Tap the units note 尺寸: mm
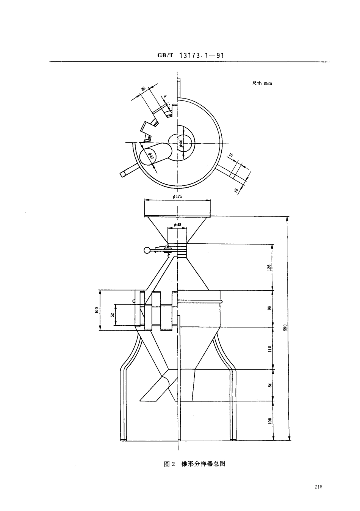262,83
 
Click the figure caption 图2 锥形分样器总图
195,464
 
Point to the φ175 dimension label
177,196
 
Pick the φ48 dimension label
177,225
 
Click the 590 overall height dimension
285,328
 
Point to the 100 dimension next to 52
96,310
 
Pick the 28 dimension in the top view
144,89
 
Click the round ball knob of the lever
146,250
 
